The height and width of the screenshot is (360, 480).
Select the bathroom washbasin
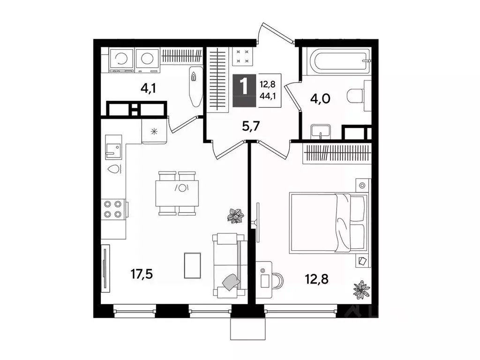coord(321,132)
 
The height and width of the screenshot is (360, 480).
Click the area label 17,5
coord(142,274)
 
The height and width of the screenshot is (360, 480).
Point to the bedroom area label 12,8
coord(316,279)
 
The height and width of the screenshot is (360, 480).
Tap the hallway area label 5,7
coord(251,126)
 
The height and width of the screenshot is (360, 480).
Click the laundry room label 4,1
coord(149,88)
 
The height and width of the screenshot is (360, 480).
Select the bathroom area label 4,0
coord(320,99)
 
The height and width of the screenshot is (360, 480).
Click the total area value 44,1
coord(268,96)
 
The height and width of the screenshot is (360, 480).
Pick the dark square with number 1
coord(244,90)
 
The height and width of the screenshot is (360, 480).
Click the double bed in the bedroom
coord(329,223)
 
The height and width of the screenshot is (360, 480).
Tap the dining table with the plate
coord(177,194)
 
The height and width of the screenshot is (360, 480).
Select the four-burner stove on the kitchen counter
coord(112,209)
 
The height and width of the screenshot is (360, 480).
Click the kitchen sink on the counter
coord(113,147)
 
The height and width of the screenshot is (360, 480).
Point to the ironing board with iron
coord(195,87)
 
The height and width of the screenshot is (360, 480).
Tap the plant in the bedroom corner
coord(361,289)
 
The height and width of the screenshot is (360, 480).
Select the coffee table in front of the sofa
coord(193,265)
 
